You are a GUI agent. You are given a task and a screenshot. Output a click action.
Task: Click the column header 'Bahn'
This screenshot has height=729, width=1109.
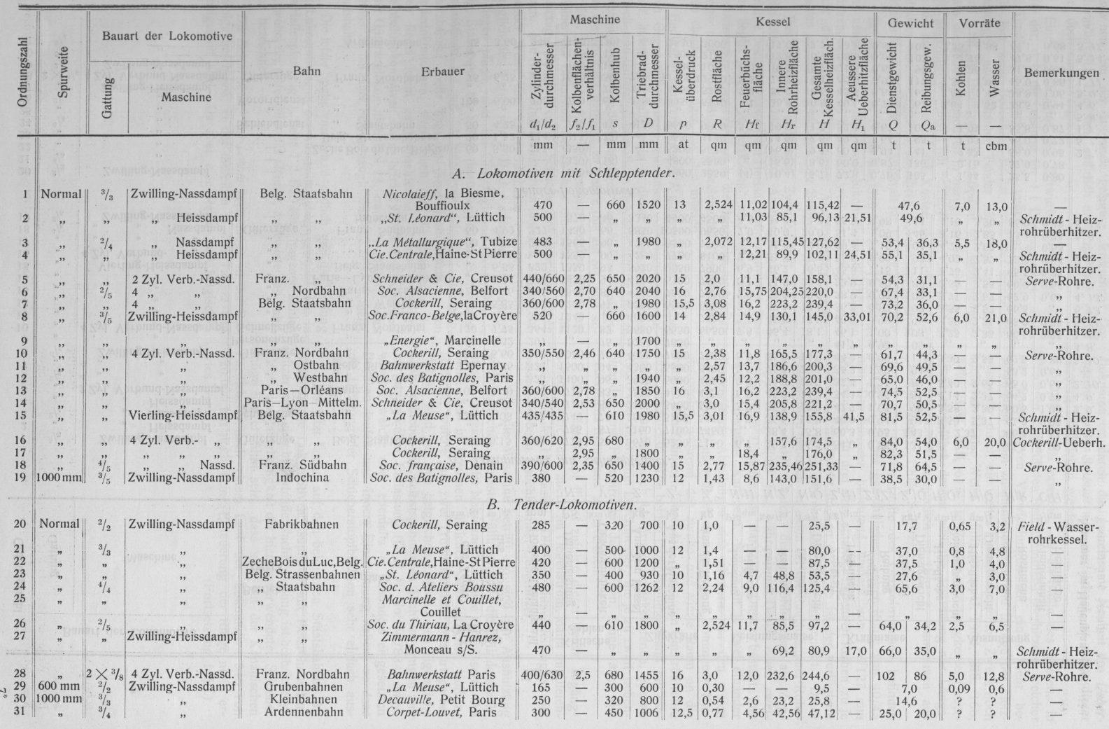307,71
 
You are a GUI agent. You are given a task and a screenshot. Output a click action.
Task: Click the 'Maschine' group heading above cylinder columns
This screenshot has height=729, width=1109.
594,20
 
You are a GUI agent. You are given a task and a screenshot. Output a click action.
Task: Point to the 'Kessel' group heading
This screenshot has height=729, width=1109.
772,22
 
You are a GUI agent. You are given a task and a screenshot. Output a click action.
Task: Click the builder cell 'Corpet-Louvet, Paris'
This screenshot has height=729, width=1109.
442,713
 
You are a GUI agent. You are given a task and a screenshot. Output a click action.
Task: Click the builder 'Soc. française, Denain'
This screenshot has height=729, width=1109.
442,465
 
